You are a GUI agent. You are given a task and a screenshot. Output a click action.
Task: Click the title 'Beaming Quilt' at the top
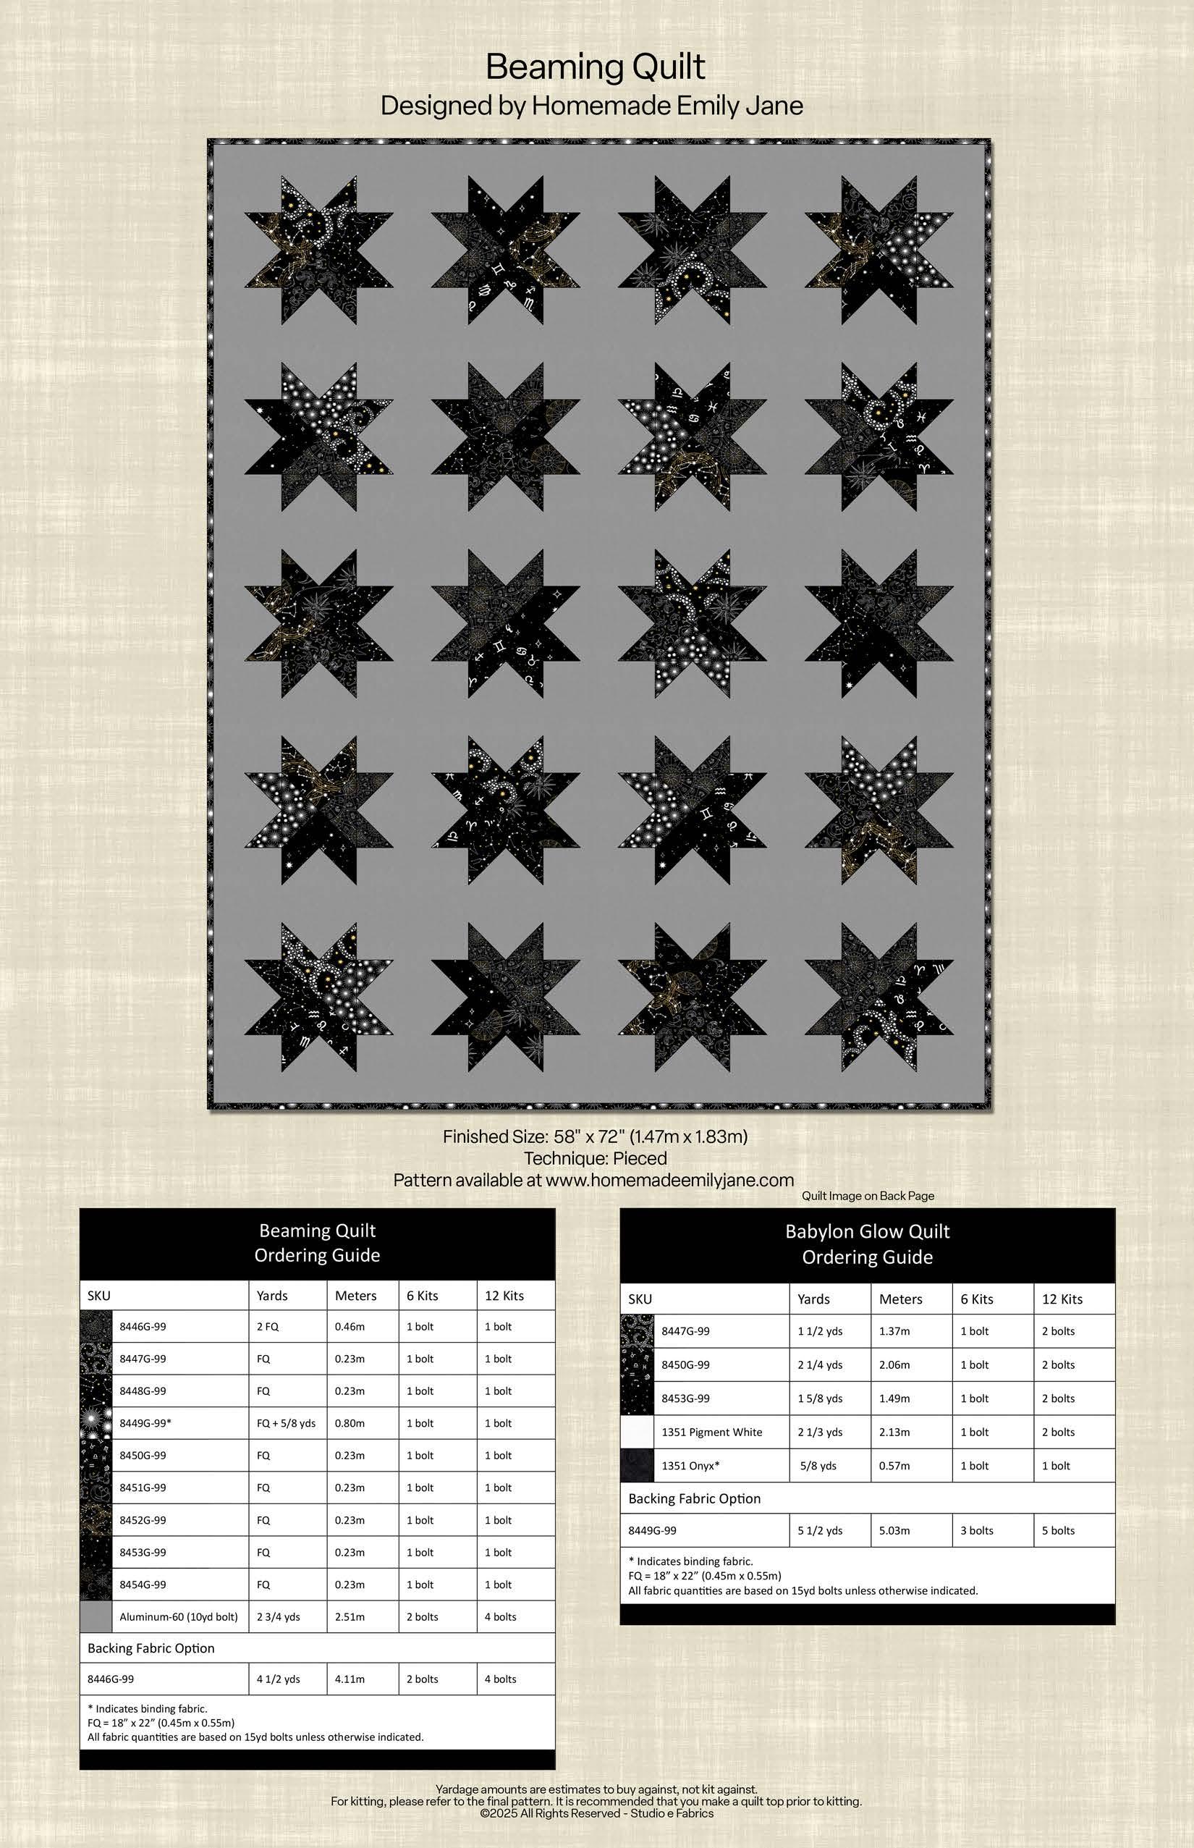[x=595, y=67]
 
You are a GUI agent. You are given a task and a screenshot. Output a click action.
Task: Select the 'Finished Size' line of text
[x=595, y=1136]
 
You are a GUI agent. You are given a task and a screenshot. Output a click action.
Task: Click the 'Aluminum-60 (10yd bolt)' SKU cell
[x=178, y=1617]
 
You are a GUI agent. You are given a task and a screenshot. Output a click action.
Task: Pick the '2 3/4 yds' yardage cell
[x=279, y=1617]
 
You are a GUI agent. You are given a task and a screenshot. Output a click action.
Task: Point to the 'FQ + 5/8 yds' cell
[x=286, y=1423]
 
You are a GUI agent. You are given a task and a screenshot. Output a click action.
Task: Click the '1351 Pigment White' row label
[x=712, y=1432]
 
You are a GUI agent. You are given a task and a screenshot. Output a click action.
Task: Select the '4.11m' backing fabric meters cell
[x=350, y=1679]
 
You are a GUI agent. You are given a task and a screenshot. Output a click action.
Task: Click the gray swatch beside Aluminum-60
[x=96, y=1617]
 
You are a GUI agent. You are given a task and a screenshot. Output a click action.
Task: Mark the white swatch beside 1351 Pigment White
[x=637, y=1432]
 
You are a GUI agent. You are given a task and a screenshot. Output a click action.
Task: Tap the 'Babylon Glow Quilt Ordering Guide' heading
[x=867, y=1244]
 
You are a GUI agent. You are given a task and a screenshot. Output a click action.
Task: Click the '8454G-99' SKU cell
[x=143, y=1585]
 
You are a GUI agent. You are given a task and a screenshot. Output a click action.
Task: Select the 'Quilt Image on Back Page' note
[x=868, y=1196]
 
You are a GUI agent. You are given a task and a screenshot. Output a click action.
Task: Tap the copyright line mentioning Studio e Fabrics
[x=596, y=1813]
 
